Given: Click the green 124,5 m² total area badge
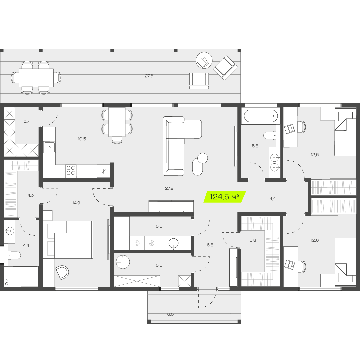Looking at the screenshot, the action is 225,197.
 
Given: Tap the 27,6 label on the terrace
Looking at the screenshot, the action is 149,76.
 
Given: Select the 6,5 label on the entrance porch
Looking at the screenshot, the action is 170,314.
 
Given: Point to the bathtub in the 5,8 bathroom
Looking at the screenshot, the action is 261,116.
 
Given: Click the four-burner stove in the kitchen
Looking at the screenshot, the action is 71,170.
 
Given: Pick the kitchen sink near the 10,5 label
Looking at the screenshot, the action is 49,147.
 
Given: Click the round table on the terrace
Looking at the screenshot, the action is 204,60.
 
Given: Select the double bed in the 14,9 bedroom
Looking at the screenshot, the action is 68,240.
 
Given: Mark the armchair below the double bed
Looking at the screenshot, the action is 62,272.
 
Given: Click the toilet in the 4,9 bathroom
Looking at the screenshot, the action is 14,255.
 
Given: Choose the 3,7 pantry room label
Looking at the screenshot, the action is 26,121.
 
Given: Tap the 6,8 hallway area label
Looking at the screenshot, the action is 210,245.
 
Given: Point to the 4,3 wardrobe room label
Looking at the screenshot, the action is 31,195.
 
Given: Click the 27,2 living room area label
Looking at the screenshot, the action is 169,188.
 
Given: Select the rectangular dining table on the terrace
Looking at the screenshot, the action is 36,78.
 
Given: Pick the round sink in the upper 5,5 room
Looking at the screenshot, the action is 173,243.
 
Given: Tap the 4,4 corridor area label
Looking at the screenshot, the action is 273,199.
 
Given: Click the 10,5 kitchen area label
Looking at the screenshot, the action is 82,139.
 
